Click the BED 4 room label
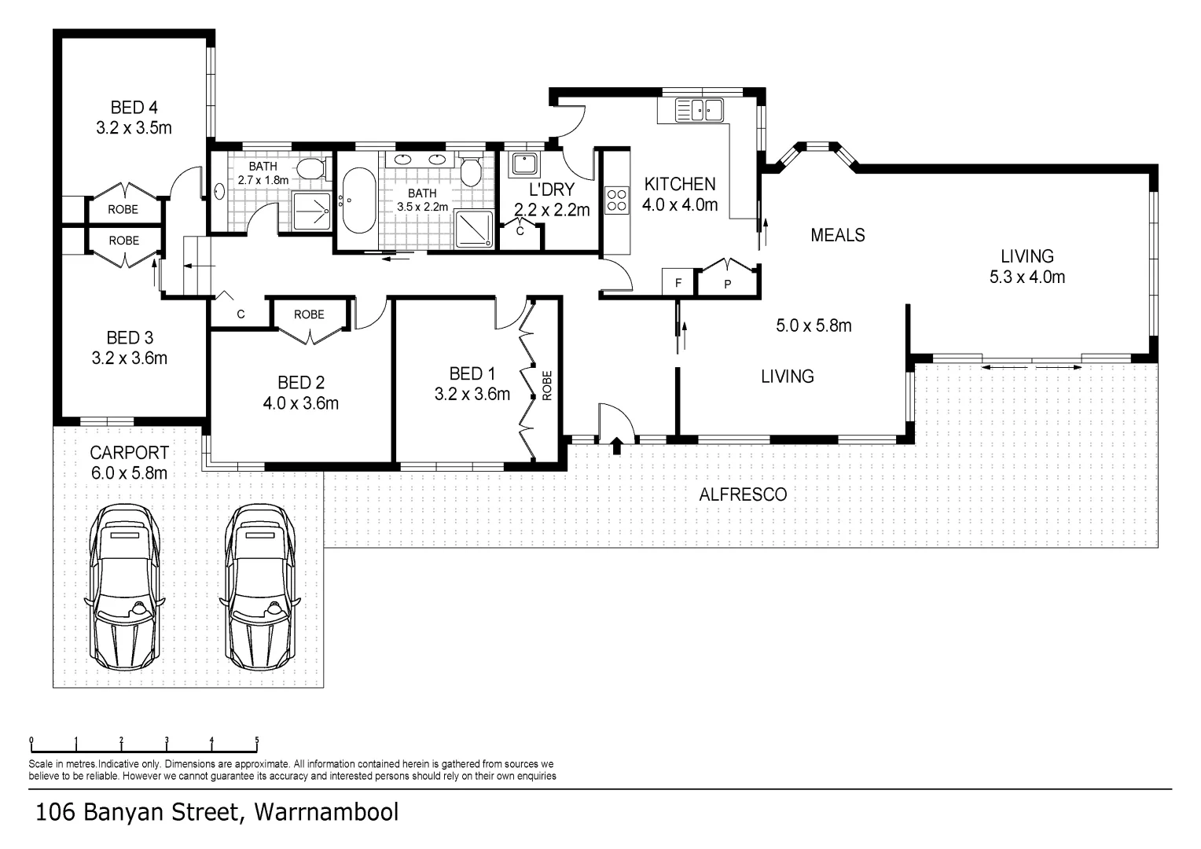click(x=134, y=108)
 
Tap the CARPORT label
click(x=129, y=454)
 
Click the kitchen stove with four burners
click(x=616, y=200)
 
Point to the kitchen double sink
click(x=700, y=110)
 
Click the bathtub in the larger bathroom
click(x=358, y=200)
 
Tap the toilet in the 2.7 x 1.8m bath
click(x=312, y=170)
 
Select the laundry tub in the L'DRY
click(x=525, y=164)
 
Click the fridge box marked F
click(x=678, y=282)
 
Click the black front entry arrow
click(x=617, y=446)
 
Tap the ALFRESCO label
click(x=743, y=494)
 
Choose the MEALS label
click(x=838, y=235)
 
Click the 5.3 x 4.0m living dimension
click(x=1027, y=277)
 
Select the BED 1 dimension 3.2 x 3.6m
click(x=472, y=394)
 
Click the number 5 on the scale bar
click(x=257, y=741)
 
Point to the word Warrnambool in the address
click(x=326, y=813)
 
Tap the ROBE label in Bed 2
click(x=309, y=314)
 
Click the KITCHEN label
click(x=680, y=185)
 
